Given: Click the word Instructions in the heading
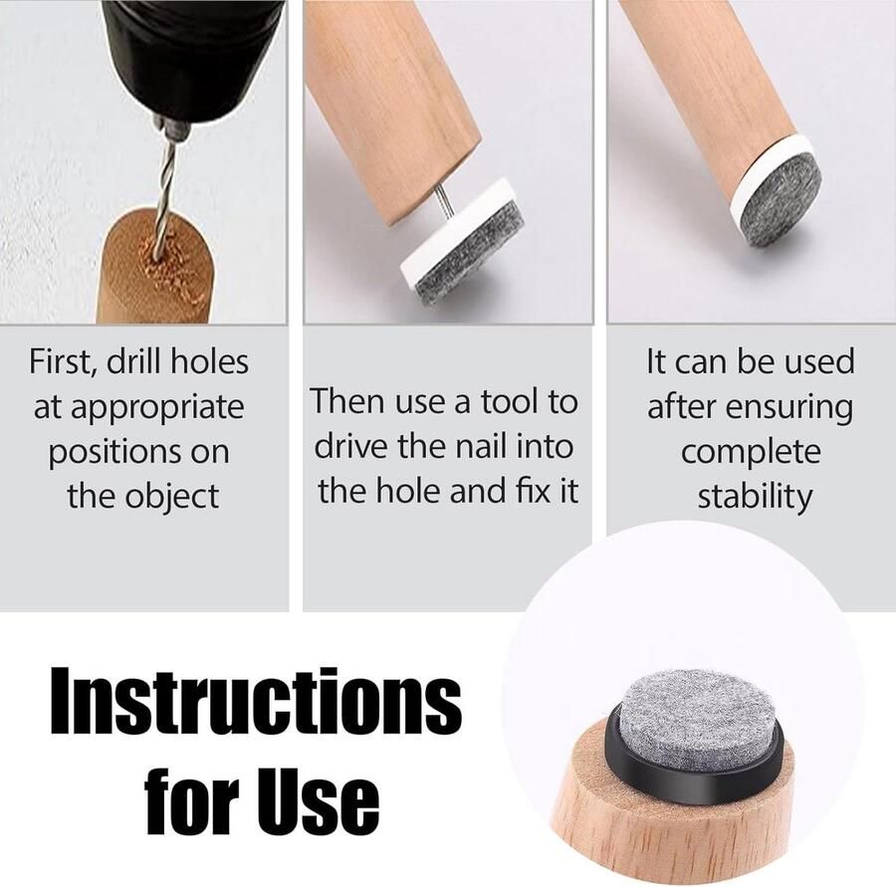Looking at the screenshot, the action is pos(256,701).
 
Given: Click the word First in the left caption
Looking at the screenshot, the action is pos(63,362).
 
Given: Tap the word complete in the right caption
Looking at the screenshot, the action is pos(751,453).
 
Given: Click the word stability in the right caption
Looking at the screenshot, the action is pos(755,496).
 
